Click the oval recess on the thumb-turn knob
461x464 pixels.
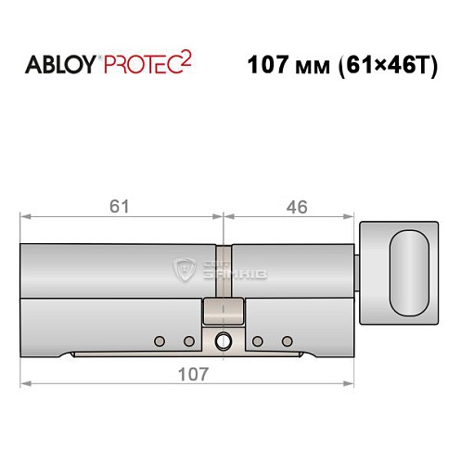tap(410, 274)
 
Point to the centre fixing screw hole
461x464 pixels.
tap(224, 342)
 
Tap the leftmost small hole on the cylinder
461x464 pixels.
tap(160, 339)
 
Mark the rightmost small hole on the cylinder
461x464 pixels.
tap(287, 339)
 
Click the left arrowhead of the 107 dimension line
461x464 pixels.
tap(24, 383)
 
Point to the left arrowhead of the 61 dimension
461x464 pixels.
tap(24, 217)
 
